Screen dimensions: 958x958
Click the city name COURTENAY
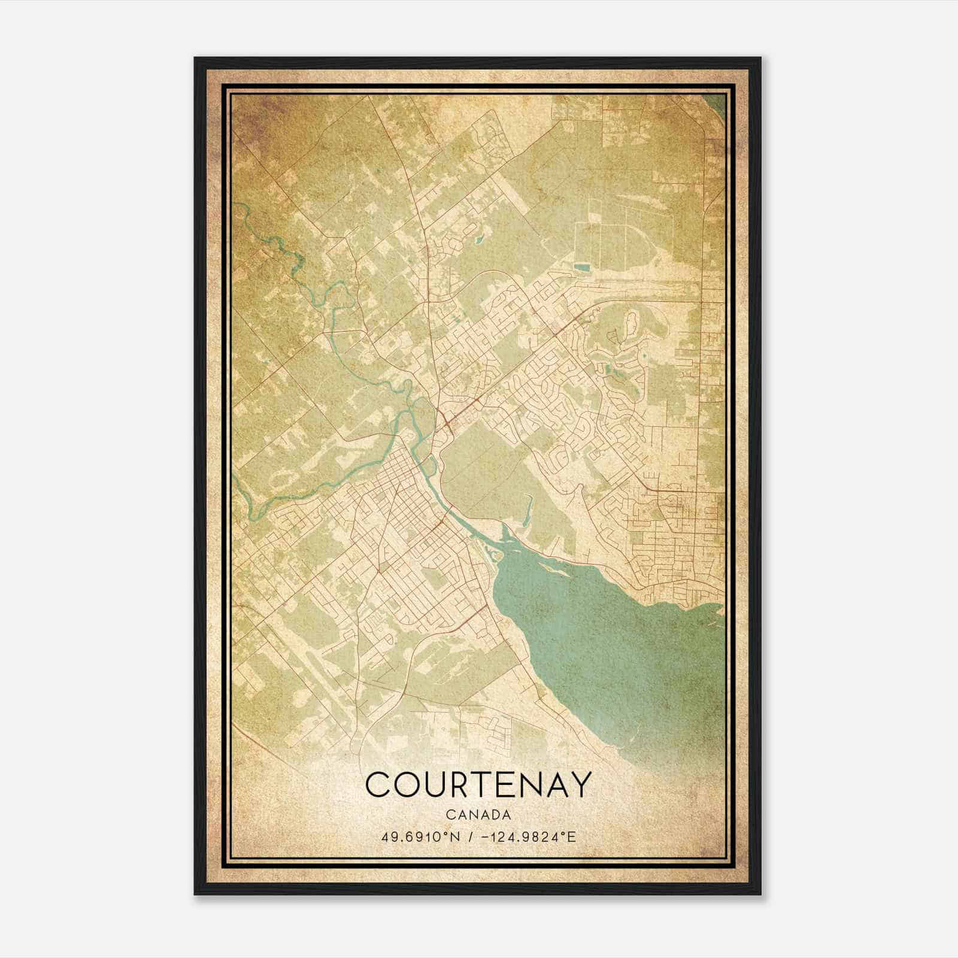point(478,784)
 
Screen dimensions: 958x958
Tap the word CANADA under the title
point(478,815)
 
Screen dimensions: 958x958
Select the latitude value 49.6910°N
point(420,836)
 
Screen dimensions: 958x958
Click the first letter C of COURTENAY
point(377,784)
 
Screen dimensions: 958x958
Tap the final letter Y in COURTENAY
point(579,784)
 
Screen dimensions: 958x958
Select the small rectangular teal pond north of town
point(581,268)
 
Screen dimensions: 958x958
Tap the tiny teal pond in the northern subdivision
point(479,241)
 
